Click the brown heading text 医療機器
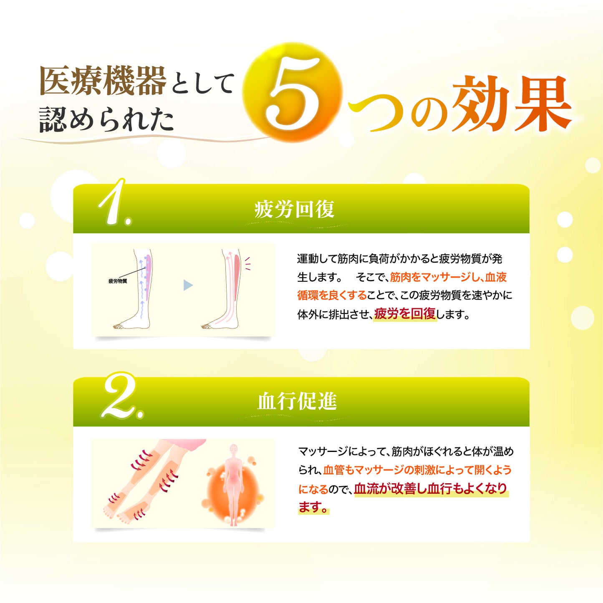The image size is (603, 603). coord(103,81)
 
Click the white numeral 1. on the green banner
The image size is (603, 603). coord(114,203)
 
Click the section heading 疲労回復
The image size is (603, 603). coord(294,209)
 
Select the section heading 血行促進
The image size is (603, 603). coord(297,401)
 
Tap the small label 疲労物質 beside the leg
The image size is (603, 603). coord(118,281)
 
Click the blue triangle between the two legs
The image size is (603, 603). coord(187,285)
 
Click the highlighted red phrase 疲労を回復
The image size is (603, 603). coord(405,314)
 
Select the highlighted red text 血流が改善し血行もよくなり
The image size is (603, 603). coord(431,489)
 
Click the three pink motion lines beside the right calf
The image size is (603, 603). coord(247,264)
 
